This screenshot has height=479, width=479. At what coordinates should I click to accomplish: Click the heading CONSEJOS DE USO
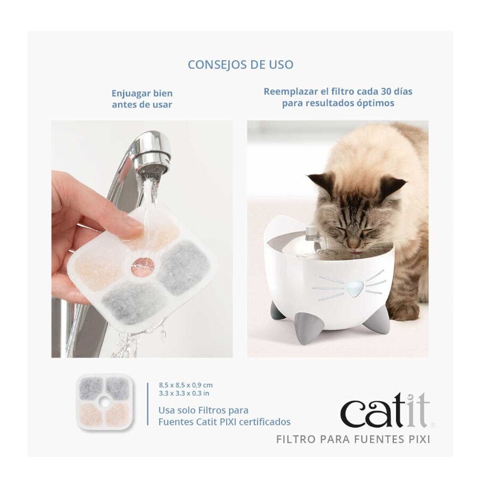click(240, 65)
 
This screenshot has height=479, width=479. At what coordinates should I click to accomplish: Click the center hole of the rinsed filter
click(143, 266)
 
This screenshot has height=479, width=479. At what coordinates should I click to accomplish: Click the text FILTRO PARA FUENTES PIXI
click(353, 439)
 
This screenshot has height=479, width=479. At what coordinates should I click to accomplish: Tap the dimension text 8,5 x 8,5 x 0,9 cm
click(185, 384)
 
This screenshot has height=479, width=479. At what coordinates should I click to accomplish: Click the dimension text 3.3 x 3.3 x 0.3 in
click(184, 393)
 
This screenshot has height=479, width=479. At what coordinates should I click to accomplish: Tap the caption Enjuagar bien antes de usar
click(142, 98)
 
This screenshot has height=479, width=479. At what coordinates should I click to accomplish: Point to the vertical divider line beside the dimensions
click(147, 403)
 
